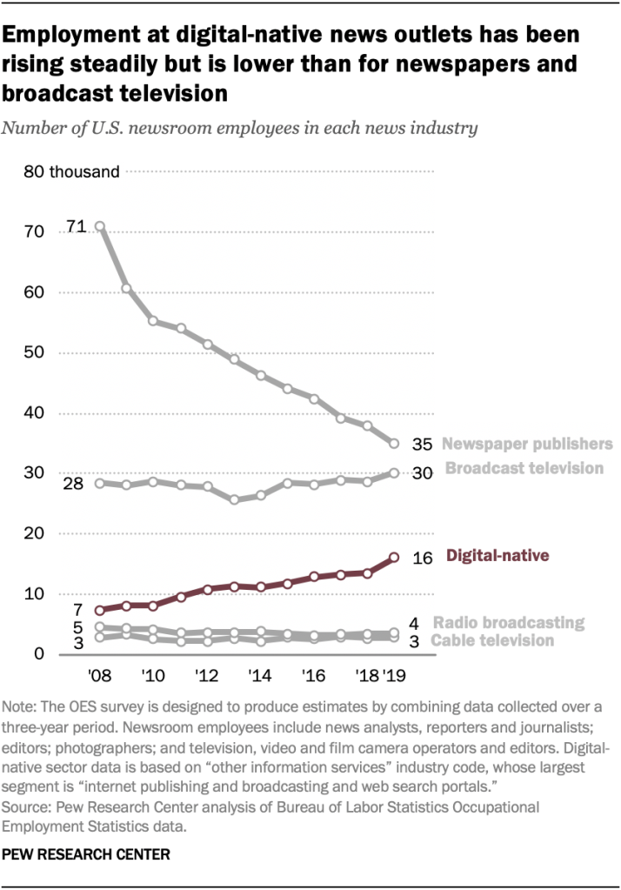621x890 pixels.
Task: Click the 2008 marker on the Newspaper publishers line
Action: [100, 226]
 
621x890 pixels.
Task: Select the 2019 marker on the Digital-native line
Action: [393, 557]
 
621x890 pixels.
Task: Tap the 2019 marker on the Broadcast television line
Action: [393, 472]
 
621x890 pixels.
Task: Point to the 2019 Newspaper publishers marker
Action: [393, 444]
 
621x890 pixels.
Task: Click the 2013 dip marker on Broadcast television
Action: [234, 500]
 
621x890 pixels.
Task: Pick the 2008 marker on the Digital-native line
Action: [100, 610]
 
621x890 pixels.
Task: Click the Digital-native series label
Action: [497, 555]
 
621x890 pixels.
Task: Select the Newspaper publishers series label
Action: [526, 444]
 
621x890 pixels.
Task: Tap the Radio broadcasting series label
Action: [508, 622]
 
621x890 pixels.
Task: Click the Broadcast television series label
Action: [524, 468]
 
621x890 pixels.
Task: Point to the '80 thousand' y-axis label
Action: [71, 171]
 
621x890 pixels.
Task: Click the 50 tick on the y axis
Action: [34, 352]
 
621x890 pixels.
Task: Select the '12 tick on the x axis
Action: [207, 675]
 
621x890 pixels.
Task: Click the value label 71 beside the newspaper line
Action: [76, 228]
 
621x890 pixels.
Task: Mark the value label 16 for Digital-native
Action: [422, 558]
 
